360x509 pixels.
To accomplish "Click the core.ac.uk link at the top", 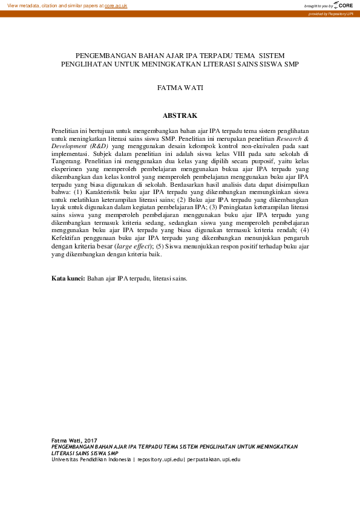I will (116, 5).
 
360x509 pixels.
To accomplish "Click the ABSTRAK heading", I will (180, 115).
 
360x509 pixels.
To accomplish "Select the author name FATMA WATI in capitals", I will (180, 88).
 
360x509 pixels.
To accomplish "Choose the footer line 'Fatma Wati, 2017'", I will (74, 441).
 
